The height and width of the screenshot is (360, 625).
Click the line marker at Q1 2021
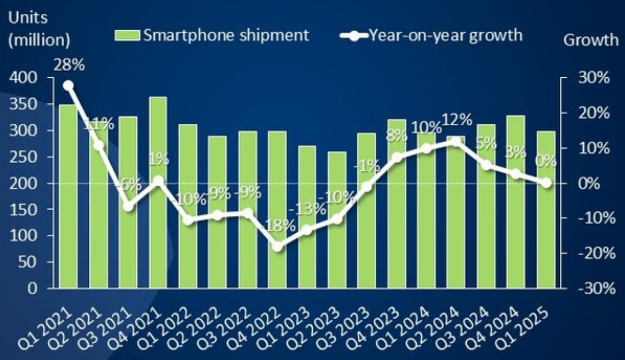(x=68, y=85)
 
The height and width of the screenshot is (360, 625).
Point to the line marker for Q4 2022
(x=278, y=246)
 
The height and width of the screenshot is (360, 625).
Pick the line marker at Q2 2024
(x=456, y=142)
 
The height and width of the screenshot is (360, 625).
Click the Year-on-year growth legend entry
(x=431, y=35)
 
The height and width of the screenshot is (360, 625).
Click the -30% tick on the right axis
(x=596, y=288)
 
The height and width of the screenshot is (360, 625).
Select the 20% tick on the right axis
(x=597, y=113)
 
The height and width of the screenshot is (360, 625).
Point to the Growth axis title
(x=590, y=40)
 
